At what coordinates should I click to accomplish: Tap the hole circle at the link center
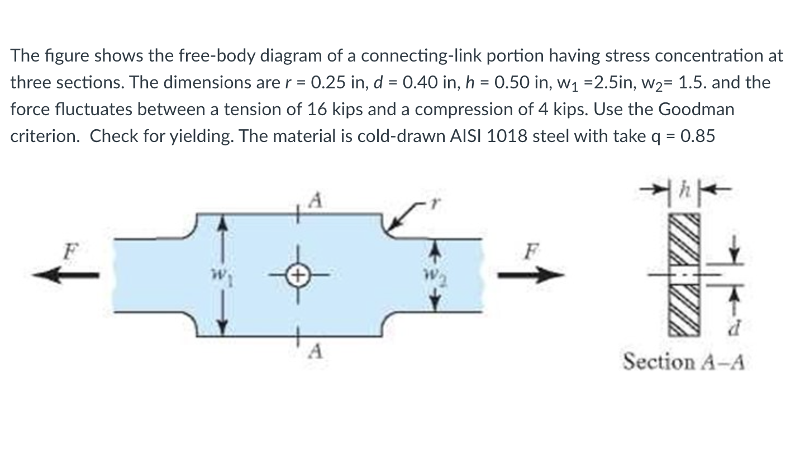tap(298, 275)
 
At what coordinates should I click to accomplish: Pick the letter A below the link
tap(316, 352)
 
